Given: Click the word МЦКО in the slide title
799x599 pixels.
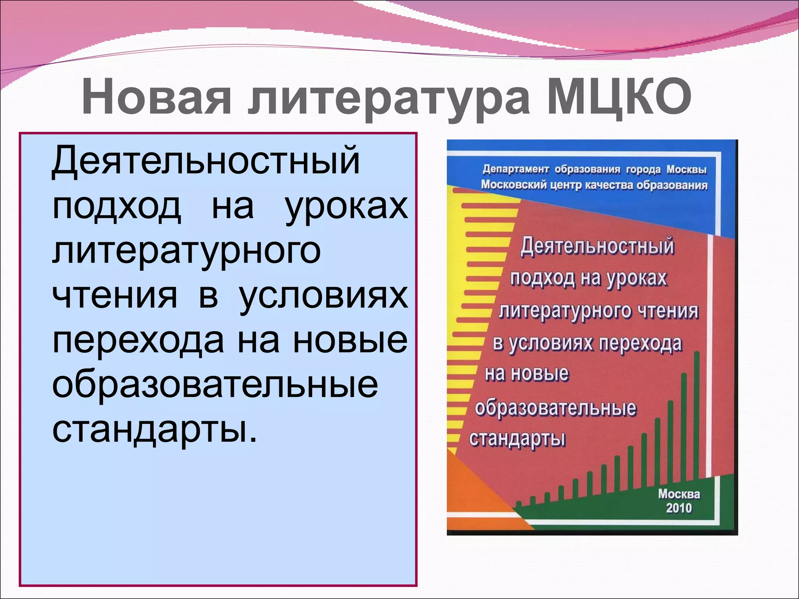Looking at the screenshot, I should click(x=619, y=97).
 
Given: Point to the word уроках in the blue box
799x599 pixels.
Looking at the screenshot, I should click(x=347, y=207).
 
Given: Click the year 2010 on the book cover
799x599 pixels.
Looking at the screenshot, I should click(x=679, y=508).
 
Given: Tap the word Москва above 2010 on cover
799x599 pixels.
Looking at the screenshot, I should click(x=679, y=494).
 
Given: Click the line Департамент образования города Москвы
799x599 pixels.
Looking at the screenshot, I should click(x=595, y=170).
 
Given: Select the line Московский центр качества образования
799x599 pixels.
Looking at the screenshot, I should click(x=594, y=185).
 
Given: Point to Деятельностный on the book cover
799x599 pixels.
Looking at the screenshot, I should click(x=597, y=247).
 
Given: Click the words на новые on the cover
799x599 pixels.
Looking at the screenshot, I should click(x=527, y=374).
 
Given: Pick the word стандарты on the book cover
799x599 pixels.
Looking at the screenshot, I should click(x=517, y=439).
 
